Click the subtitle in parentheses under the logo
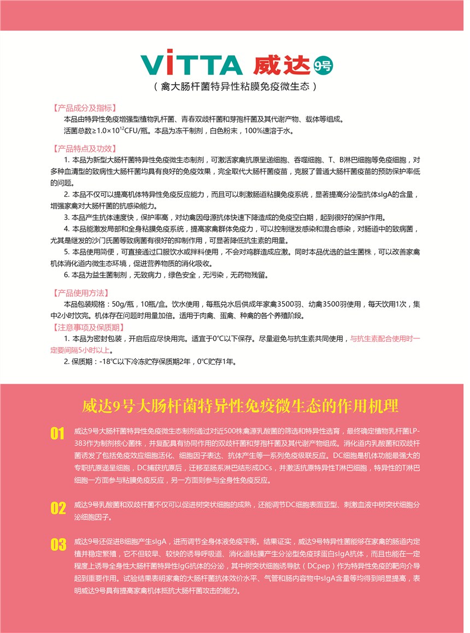(x=236, y=86)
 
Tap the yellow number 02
(x=58, y=508)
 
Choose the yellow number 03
(x=58, y=544)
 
